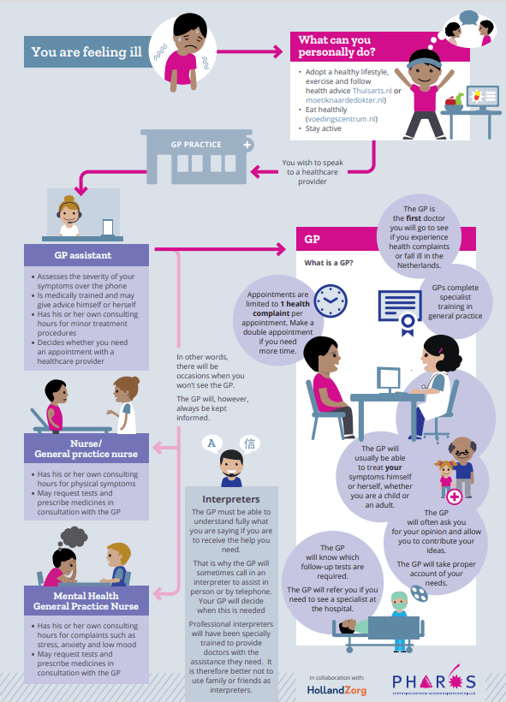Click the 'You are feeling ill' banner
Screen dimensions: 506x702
tap(87, 52)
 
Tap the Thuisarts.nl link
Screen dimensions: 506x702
tap(372, 91)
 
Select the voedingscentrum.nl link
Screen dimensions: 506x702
tap(342, 119)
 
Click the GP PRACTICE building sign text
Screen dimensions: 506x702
tap(196, 145)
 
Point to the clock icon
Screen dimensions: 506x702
tap(330, 300)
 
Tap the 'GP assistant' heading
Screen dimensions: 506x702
tap(83, 255)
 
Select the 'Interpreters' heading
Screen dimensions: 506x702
tap(230, 499)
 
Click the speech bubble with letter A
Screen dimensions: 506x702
tap(211, 443)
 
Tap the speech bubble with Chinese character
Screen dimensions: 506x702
tap(250, 443)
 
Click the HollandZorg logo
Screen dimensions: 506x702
tap(336, 690)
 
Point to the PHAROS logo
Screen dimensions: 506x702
tap(434, 682)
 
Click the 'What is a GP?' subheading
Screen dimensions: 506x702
tap(329, 263)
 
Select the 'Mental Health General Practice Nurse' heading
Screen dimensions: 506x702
tap(86, 601)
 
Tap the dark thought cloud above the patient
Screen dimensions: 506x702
tap(73, 538)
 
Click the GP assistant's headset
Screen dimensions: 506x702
tap(69, 211)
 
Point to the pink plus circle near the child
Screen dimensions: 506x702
tap(455, 497)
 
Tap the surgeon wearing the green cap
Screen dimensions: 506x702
tap(400, 620)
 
